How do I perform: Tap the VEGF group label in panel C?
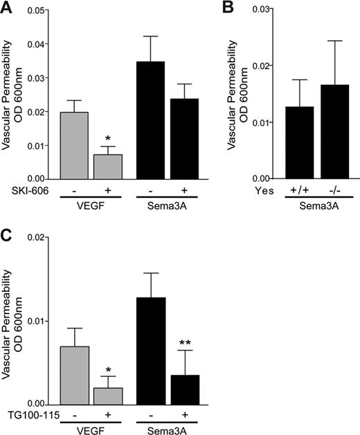tap(91, 428)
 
